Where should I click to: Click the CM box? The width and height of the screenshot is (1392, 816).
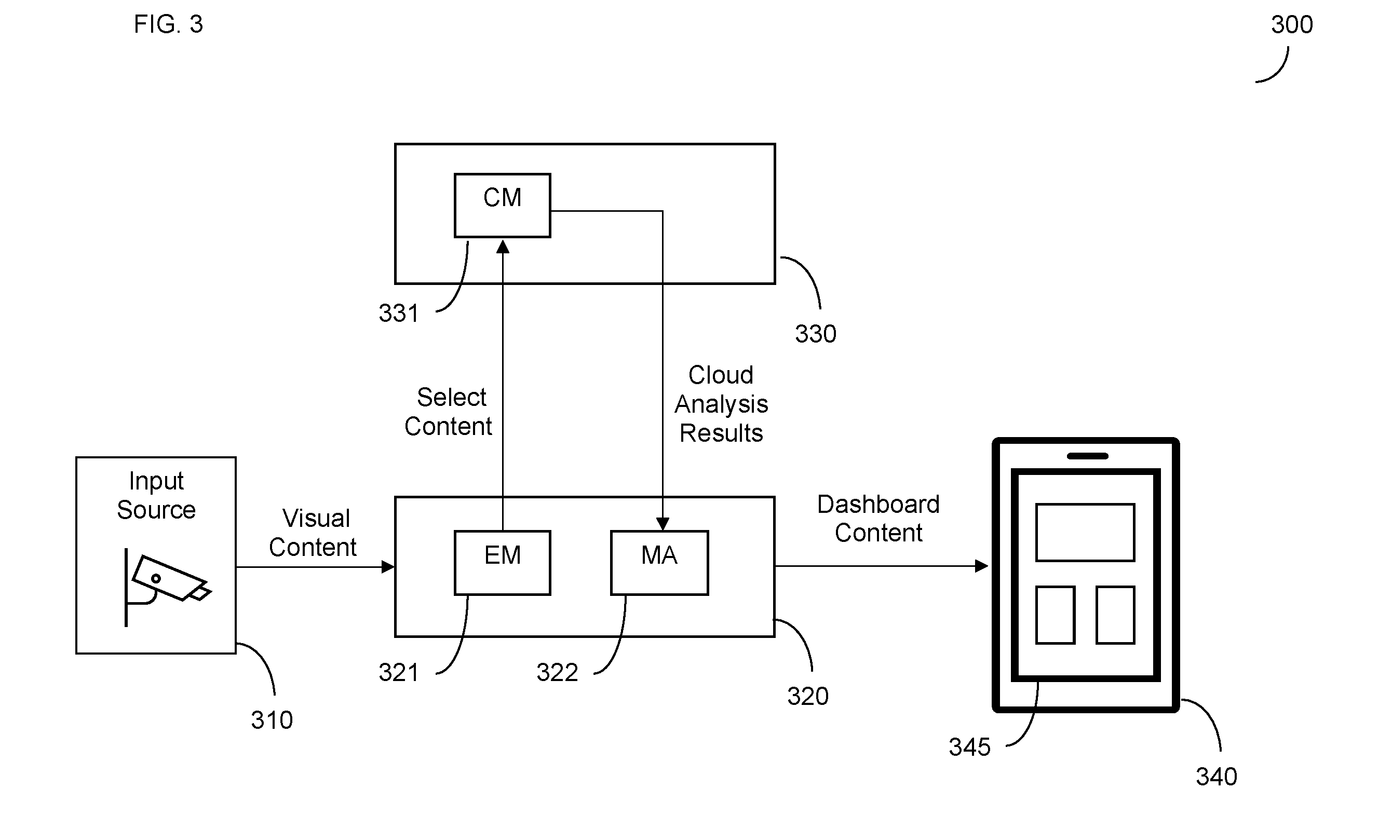click(502, 206)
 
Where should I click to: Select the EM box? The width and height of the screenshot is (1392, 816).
click(502, 563)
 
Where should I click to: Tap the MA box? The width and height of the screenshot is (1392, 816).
click(659, 563)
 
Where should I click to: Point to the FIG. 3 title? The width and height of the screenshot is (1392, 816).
click(168, 24)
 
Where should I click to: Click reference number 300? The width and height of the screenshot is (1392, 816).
click(1291, 24)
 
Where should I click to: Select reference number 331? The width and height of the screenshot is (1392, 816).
click(399, 313)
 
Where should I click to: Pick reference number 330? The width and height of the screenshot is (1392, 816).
click(815, 333)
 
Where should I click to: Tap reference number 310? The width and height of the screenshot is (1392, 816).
click(272, 719)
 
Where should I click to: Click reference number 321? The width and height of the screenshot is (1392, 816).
click(399, 672)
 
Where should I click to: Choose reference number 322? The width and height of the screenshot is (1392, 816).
click(557, 672)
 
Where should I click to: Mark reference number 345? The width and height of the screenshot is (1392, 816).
click(969, 746)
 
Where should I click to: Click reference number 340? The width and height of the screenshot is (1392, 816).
click(1217, 776)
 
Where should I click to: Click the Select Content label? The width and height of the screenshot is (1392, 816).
click(449, 411)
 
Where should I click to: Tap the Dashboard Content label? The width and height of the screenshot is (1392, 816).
click(879, 519)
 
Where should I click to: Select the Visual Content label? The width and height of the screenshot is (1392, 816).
click(313, 533)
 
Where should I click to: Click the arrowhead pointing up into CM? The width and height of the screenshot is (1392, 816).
click(503, 246)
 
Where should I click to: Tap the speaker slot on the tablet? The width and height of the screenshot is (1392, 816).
click(1088, 456)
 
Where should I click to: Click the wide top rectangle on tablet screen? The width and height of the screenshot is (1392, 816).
click(1085, 532)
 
